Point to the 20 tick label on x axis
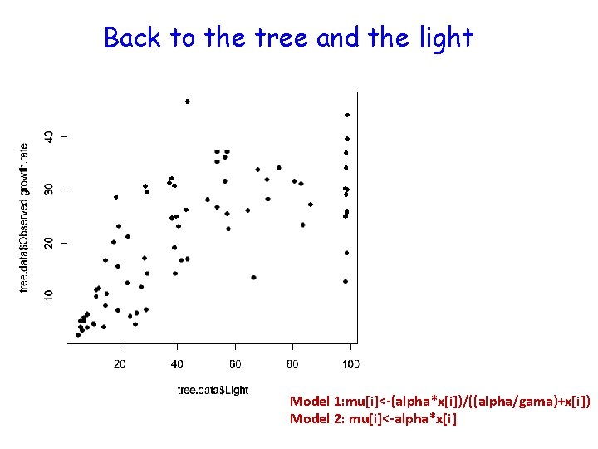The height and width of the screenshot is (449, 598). pyautogui.click(x=120, y=364)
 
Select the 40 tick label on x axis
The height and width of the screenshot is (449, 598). pyautogui.click(x=177, y=364)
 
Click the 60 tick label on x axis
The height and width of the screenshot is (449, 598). pyautogui.click(x=235, y=364)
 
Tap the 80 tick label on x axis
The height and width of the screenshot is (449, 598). pyautogui.click(x=292, y=364)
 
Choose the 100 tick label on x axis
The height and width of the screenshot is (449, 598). pyautogui.click(x=350, y=364)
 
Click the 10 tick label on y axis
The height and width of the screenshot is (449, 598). pyautogui.click(x=49, y=295)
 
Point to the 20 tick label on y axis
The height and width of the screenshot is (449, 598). pyautogui.click(x=49, y=242)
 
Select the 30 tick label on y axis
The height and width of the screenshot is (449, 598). pyautogui.click(x=49, y=190)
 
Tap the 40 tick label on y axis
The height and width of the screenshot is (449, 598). pyautogui.click(x=49, y=136)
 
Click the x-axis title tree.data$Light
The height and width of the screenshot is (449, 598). pyautogui.click(x=213, y=390)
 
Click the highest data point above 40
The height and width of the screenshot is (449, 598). pyautogui.click(x=188, y=101)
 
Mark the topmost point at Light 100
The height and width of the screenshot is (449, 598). pyautogui.click(x=347, y=116)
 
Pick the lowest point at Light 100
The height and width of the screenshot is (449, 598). pyautogui.click(x=346, y=281)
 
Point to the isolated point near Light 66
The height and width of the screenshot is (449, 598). pyautogui.click(x=253, y=277)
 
